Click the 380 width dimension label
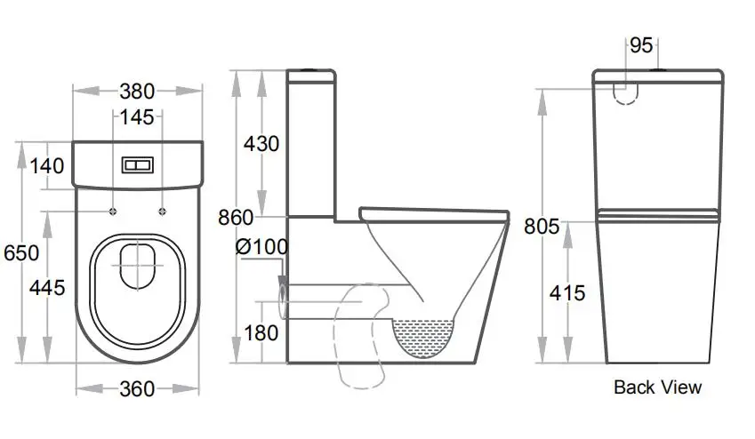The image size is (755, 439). point(137,91)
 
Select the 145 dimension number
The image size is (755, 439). point(137,116)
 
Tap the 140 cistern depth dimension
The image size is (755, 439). point(46,165)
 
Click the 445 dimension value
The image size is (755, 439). point(47,287)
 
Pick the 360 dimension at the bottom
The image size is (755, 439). point(137,388)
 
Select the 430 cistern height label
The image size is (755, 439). point(261,143)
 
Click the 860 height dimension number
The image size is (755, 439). point(236,218)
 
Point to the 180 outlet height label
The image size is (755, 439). point(261,333)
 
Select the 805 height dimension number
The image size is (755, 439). point(542,227)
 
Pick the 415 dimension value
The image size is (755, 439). point(567,291)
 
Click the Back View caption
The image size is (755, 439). point(657,387)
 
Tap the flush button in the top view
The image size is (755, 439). point(137,165)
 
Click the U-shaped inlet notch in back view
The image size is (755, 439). point(628,92)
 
